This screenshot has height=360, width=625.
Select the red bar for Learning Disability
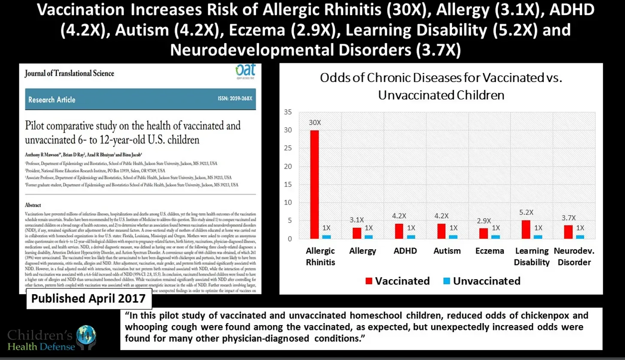(x=526, y=229)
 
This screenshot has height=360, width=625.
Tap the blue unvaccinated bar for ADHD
(x=411, y=237)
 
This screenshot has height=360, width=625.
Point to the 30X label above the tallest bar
(x=315, y=122)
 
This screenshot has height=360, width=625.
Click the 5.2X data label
(x=526, y=212)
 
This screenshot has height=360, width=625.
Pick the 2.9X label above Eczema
(x=483, y=221)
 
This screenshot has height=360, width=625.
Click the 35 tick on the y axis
(x=288, y=113)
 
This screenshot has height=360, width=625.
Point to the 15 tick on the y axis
(x=288, y=185)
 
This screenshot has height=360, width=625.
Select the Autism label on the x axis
(x=447, y=251)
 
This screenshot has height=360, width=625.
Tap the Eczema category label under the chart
(x=489, y=251)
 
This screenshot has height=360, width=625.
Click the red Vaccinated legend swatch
(x=369, y=281)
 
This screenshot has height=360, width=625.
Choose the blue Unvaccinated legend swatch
(x=446, y=281)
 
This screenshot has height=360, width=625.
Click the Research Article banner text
(x=52, y=100)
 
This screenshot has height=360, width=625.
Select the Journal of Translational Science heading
(x=69, y=73)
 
